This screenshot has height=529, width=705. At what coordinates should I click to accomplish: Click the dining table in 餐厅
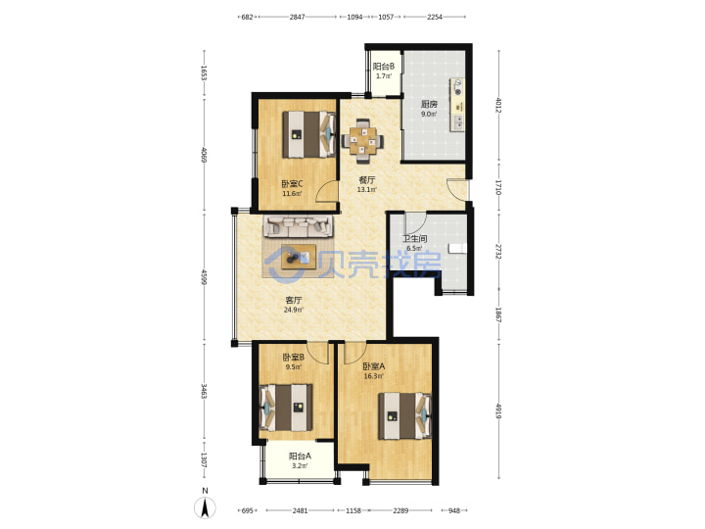coord(363,141)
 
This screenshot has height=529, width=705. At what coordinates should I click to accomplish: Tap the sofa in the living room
coord(299,226)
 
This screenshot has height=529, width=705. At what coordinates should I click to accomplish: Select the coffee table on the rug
coord(299,257)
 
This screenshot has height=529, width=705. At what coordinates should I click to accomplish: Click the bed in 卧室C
coord(309,134)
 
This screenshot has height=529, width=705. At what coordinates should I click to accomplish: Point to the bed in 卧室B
coord(286,408)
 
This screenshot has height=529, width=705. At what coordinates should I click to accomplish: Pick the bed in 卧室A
coord(404,416)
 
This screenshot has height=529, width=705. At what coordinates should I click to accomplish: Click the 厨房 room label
coord(429,104)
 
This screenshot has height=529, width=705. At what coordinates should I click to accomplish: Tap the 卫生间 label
coord(414,238)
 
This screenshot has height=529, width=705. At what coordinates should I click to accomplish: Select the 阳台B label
coord(384,67)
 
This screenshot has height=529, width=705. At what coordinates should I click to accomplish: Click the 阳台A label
coord(300,456)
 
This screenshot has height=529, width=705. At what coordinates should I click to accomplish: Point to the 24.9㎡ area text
coord(293,310)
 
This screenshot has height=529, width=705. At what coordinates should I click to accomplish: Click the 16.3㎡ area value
coord(373,376)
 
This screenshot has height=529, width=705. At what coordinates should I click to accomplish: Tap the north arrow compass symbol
coord(205,507)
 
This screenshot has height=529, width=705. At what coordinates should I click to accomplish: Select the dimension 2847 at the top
coord(298,17)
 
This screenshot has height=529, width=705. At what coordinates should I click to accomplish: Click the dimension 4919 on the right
coord(498,410)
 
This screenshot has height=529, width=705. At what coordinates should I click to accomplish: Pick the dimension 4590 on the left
coord(204,276)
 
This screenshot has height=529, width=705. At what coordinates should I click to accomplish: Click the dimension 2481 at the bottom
coord(300,510)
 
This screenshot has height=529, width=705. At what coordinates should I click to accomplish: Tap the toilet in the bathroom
coord(458,249)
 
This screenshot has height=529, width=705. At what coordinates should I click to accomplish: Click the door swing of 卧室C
coord(326,191)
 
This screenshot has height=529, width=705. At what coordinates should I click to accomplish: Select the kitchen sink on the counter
coord(458,121)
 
